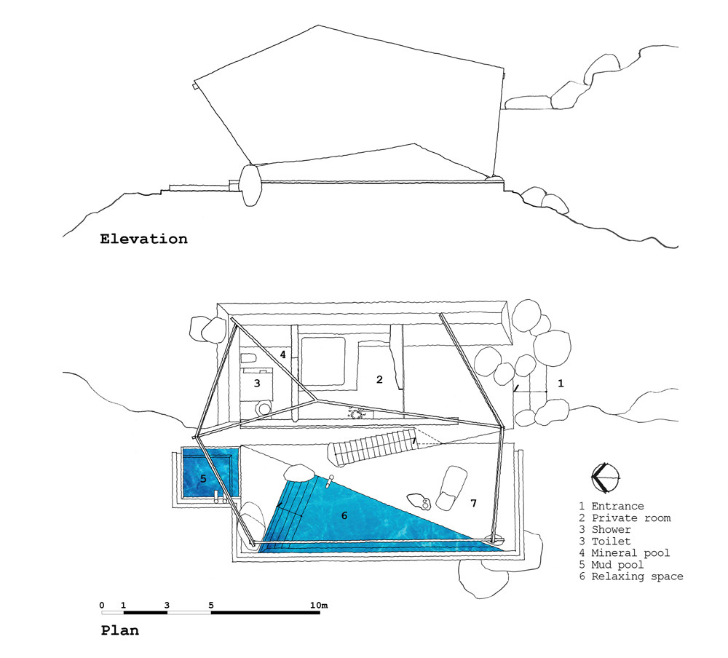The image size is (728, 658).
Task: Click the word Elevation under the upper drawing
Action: (x=143, y=239)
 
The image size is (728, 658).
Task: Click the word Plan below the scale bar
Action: (x=119, y=630)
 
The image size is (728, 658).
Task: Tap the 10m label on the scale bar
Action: (x=319, y=605)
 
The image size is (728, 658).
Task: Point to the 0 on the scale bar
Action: (x=102, y=605)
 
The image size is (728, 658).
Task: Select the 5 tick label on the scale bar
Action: (x=211, y=605)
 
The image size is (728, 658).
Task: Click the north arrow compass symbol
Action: (x=606, y=478)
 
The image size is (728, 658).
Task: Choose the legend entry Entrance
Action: (x=617, y=507)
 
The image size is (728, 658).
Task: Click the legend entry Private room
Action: (x=630, y=518)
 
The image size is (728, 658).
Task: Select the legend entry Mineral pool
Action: (x=630, y=553)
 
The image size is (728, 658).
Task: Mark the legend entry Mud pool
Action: (x=620, y=565)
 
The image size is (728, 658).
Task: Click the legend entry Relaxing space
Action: (x=637, y=576)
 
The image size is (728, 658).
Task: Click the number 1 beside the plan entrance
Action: (x=560, y=381)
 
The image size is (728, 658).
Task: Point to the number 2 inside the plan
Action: (x=379, y=379)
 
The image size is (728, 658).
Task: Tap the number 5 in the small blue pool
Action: (x=203, y=479)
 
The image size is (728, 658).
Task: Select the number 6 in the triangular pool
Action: (x=344, y=515)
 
